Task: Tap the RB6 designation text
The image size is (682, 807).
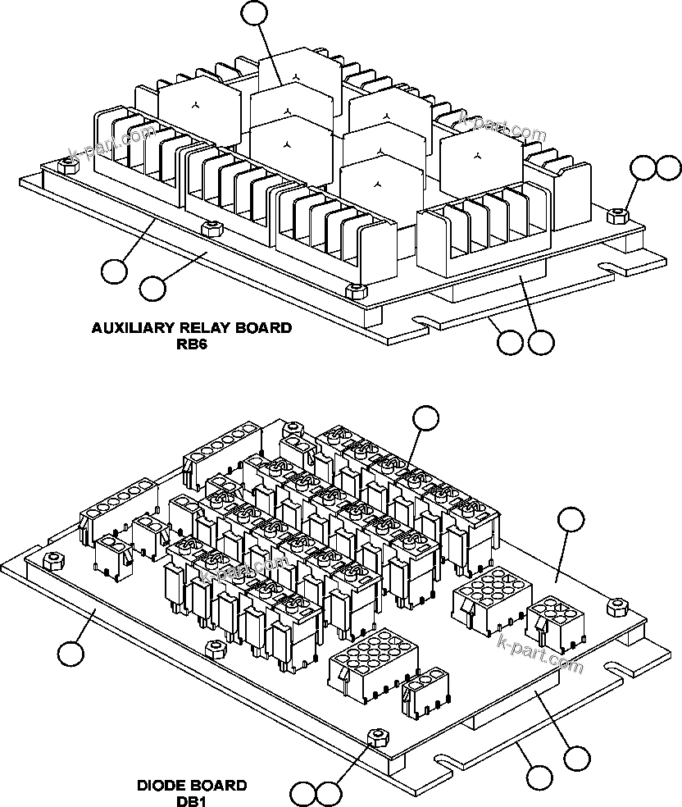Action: coord(191,344)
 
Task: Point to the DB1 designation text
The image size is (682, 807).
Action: coord(192,800)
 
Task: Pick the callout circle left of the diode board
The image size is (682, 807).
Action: coord(70,654)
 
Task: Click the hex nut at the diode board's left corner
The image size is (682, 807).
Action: coord(54,560)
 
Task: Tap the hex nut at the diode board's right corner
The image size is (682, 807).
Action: coord(616,605)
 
